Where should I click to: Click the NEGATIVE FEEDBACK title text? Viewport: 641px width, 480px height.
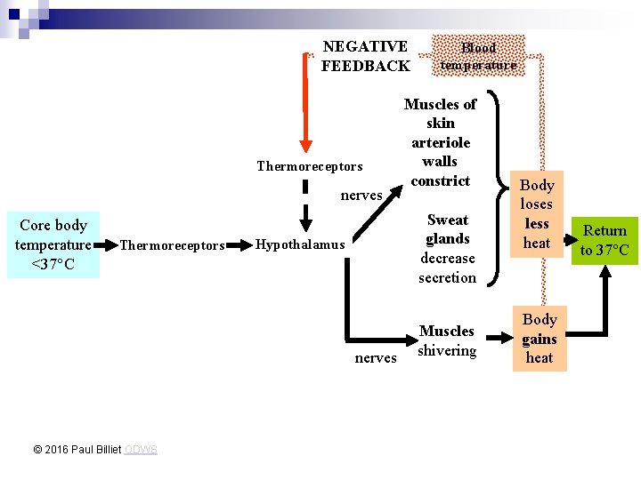click(x=365, y=55)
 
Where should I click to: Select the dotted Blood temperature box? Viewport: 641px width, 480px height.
click(x=478, y=56)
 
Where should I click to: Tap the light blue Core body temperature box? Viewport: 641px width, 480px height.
click(x=53, y=244)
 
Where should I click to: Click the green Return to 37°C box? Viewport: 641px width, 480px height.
click(x=604, y=240)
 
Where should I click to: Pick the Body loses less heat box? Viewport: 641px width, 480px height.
click(x=536, y=213)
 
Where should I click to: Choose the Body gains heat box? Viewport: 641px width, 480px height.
click(x=539, y=339)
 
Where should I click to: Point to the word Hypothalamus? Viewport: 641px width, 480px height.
click(x=299, y=244)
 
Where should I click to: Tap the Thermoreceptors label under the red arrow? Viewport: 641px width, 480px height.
click(x=309, y=166)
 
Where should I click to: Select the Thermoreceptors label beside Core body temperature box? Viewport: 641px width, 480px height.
click(x=172, y=245)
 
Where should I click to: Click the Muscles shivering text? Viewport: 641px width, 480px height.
click(x=447, y=340)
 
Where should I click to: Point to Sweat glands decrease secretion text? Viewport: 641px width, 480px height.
click(x=447, y=249)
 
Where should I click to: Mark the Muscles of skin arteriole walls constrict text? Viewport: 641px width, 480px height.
click(x=440, y=142)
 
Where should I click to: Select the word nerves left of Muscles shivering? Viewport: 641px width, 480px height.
click(x=376, y=357)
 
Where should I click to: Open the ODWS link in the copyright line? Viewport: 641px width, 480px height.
click(x=141, y=450)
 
